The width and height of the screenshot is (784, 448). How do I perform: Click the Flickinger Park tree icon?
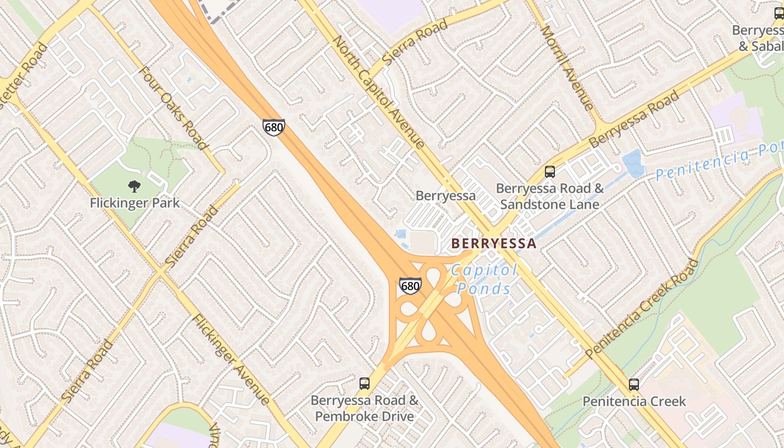(134, 186)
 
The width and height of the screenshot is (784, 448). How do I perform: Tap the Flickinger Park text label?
(134, 203)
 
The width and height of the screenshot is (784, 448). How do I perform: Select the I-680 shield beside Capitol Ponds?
(410, 286)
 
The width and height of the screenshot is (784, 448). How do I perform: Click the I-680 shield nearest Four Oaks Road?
(273, 127)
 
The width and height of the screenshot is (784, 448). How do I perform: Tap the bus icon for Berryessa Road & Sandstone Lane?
(550, 172)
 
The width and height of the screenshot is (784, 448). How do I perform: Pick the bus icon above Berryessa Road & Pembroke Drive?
(365, 384)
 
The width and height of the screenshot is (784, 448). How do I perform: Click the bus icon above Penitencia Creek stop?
(634, 385)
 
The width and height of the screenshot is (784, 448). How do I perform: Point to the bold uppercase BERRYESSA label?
(494, 244)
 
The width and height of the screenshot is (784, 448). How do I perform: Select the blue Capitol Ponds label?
(484, 279)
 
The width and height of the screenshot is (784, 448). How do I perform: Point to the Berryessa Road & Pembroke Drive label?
(365, 408)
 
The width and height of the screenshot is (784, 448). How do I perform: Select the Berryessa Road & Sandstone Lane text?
(550, 196)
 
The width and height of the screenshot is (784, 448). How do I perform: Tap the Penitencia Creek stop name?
(634, 402)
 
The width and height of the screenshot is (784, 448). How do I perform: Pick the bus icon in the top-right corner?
(779, 13)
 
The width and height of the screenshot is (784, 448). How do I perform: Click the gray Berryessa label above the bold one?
(445, 195)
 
